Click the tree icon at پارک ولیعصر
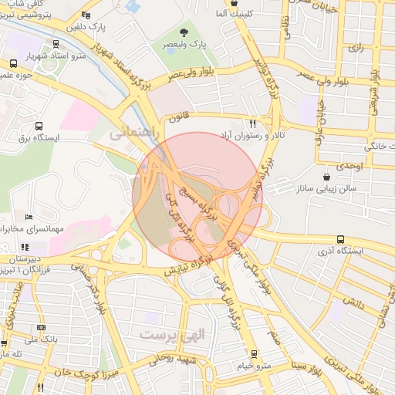pyautogui.click(x=184, y=32)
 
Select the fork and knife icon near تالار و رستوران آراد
pyautogui.click(x=252, y=123)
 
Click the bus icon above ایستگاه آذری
pyautogui.click(x=341, y=240)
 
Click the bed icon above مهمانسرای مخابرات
pyautogui.click(x=29, y=218)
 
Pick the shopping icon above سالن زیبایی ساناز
pyautogui.click(x=329, y=177)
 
